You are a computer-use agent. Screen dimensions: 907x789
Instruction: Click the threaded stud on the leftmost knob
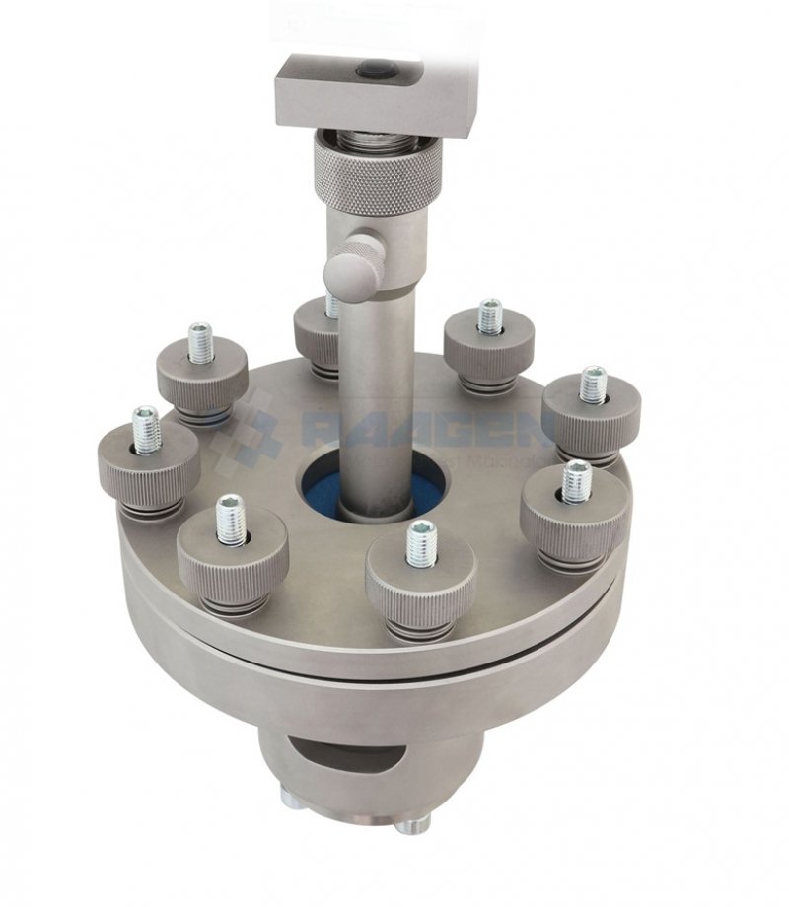point(146,430)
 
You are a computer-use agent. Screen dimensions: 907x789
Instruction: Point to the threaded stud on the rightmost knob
point(593,384)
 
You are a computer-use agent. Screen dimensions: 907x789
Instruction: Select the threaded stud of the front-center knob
point(421,543)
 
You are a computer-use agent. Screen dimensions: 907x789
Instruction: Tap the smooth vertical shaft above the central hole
point(376,394)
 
